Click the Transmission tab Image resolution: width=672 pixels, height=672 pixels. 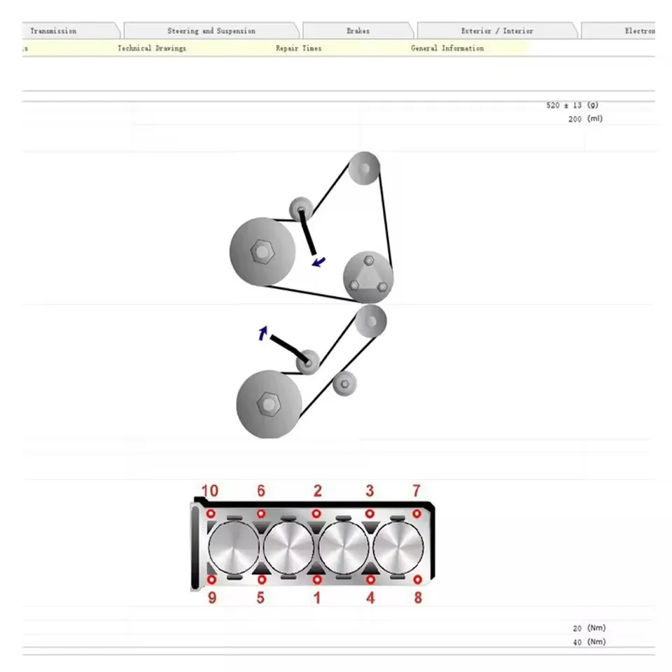pos(54,31)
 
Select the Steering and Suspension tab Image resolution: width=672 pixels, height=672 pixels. pos(211,31)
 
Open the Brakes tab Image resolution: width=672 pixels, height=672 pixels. pos(358,31)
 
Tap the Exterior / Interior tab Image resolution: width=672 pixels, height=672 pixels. pos(497,31)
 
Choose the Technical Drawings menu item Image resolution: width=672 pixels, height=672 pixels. pos(152,48)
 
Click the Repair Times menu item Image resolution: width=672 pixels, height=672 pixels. pos(298,48)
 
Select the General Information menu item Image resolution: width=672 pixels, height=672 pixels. pos(447,48)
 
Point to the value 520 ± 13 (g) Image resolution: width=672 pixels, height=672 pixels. pos(572,105)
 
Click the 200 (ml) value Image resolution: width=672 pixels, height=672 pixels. pos(585,119)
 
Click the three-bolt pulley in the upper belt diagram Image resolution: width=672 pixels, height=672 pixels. pos(367,277)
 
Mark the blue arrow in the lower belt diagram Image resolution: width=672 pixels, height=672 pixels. pos(263,333)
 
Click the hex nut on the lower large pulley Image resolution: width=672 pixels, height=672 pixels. pos(268,404)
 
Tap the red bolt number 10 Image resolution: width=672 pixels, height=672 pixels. pos(210,491)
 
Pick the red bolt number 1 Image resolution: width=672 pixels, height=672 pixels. pos(317,598)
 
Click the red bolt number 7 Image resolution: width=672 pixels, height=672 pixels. pos(416,491)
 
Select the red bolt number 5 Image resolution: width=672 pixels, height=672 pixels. pos(260,598)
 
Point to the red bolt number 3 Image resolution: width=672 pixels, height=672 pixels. pos(370,491)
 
